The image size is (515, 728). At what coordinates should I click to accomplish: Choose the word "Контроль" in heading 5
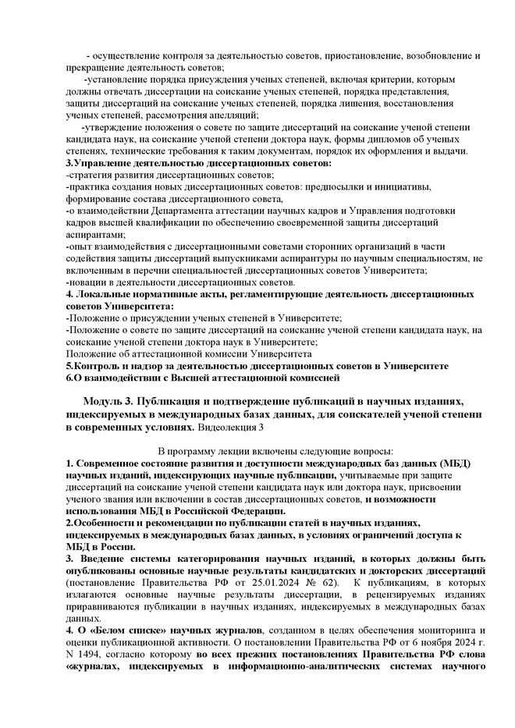point(96,365)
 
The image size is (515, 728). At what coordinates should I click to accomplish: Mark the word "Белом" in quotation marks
point(115,628)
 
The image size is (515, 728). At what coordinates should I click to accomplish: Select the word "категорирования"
point(211,559)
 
